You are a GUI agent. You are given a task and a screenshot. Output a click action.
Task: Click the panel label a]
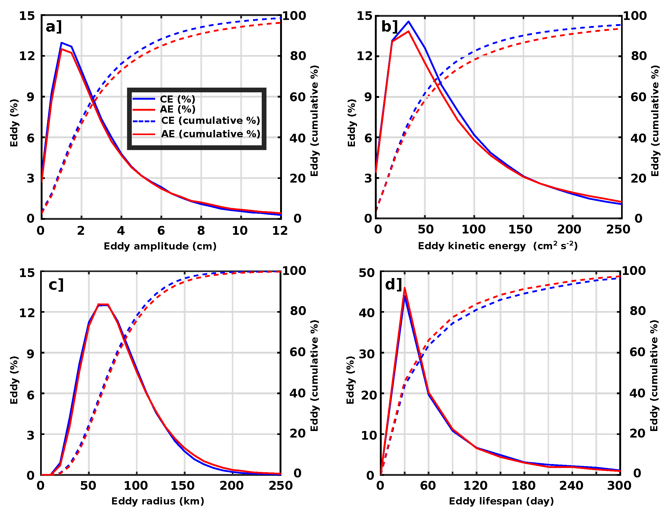[x=54, y=27]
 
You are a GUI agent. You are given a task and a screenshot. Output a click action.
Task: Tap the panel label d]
[x=393, y=285]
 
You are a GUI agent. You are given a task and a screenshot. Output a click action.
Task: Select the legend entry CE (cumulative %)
[x=210, y=120]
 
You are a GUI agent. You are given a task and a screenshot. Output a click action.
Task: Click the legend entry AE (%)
[x=177, y=109]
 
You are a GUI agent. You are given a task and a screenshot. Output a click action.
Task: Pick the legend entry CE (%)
[x=177, y=99]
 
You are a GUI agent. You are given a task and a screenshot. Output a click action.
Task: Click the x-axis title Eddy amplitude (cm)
[x=160, y=246]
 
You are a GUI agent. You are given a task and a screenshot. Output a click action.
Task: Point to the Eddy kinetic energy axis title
[x=497, y=246]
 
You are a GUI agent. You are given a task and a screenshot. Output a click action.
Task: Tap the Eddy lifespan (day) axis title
[x=501, y=501]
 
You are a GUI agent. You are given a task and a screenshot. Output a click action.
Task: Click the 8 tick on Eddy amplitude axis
[x=201, y=231]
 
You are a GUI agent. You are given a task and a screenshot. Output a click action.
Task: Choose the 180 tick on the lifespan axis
[x=523, y=486]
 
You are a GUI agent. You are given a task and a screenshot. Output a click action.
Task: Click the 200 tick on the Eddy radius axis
[x=232, y=486]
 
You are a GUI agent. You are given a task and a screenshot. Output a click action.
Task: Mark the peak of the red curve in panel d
[x=405, y=288]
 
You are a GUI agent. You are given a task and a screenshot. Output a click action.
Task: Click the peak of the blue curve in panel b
[x=408, y=22]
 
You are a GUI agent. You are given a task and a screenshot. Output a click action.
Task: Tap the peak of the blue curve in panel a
[x=61, y=43]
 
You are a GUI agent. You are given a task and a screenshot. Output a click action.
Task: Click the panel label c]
[x=56, y=285]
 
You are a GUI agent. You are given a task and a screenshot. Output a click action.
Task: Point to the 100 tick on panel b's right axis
[x=635, y=16]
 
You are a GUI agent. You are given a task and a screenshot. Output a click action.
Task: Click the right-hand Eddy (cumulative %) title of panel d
[x=654, y=376]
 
